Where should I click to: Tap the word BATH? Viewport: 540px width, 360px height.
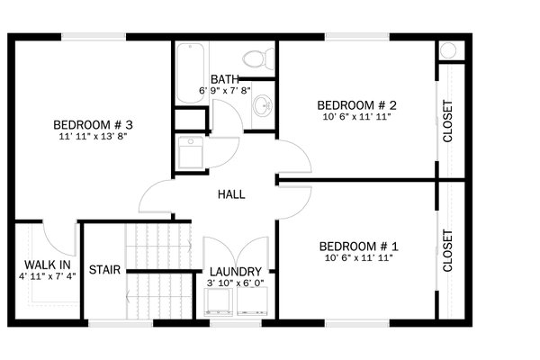[225, 79]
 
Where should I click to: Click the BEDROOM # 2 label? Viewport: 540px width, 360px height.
[357, 104]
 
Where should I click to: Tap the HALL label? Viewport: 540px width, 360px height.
[231, 194]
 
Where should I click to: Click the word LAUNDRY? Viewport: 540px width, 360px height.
[235, 272]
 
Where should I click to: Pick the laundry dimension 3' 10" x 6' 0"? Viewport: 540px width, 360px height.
[235, 283]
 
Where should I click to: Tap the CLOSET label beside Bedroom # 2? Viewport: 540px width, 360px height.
[448, 121]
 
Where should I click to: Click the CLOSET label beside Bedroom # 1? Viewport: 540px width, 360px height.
[448, 251]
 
